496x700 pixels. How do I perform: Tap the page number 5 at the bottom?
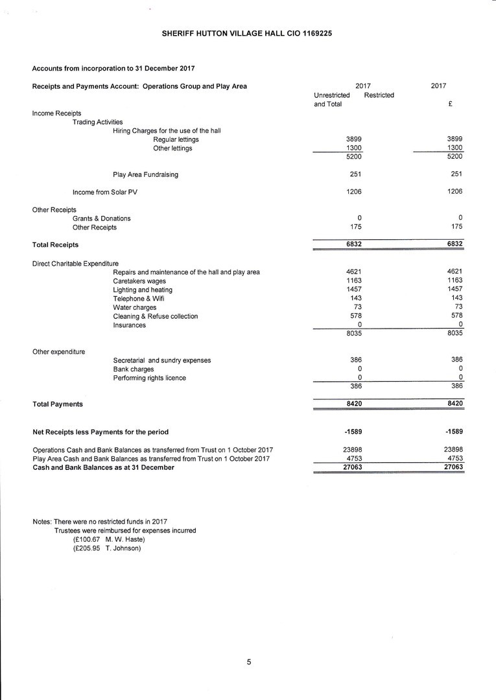(248, 662)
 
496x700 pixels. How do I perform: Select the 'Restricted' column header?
(379, 95)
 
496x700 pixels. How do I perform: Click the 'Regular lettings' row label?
(176, 139)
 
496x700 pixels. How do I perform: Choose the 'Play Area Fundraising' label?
(145, 174)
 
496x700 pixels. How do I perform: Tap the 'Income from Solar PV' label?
(105, 192)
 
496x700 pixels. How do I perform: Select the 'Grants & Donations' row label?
(101, 218)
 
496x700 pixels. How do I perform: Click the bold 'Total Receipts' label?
(55, 245)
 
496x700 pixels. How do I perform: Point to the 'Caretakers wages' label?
(139, 281)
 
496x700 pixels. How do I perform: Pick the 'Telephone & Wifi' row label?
(138, 299)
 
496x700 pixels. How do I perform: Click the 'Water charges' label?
(134, 307)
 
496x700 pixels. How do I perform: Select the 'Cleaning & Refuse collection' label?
(155, 316)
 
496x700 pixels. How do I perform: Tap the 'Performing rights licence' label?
(149, 378)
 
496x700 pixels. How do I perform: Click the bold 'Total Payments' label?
(58, 404)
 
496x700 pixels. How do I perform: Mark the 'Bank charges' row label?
(134, 369)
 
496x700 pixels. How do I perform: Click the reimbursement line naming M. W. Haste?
(109, 539)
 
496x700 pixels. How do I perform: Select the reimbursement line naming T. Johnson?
(107, 548)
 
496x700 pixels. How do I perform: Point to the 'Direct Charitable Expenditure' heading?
(75, 263)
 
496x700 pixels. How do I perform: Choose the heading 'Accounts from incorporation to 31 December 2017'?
(113, 68)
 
